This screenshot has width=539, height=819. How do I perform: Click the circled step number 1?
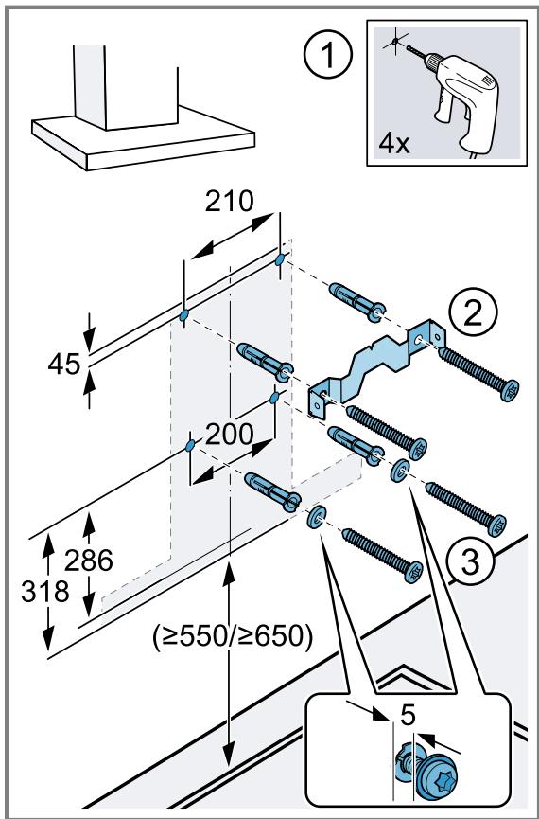tap(328, 55)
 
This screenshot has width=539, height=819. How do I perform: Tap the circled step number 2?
tap(473, 313)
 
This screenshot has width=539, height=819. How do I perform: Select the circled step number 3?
tap(470, 560)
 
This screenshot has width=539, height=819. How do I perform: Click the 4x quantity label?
tap(394, 143)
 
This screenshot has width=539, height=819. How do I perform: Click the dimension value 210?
tap(229, 202)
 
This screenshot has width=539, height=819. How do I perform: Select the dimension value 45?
tap(64, 365)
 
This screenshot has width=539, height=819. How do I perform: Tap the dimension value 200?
tap(229, 434)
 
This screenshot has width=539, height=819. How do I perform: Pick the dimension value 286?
tap(89, 561)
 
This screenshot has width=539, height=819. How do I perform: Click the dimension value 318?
tap(45, 592)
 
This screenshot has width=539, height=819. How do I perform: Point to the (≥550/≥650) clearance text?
tap(233, 636)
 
